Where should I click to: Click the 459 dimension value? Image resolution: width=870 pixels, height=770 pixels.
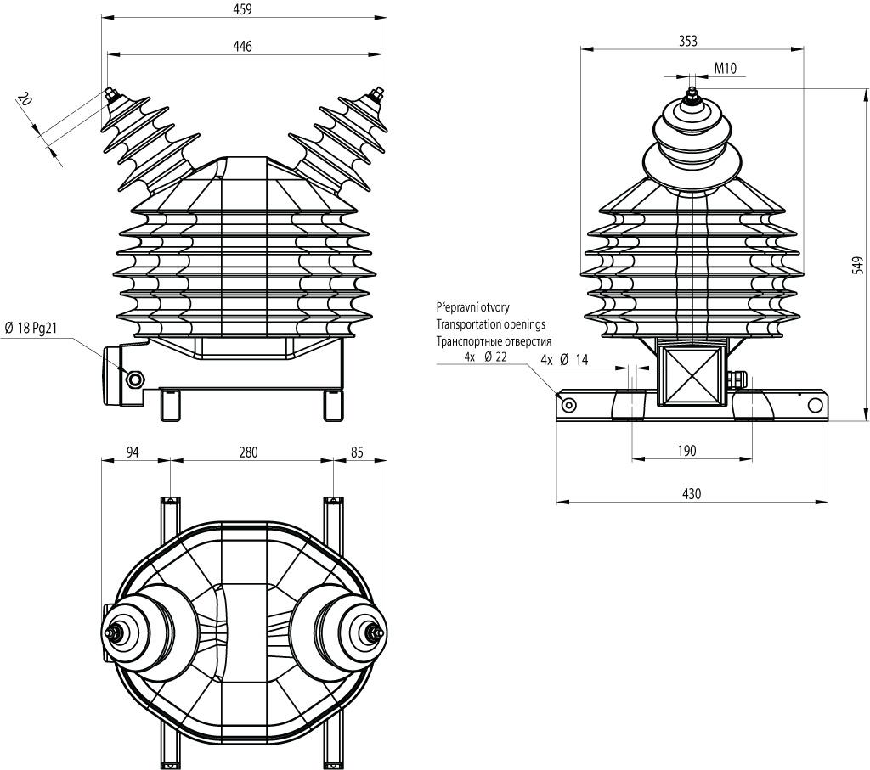click(242, 9)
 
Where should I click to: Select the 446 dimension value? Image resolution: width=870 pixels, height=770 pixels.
click(242, 47)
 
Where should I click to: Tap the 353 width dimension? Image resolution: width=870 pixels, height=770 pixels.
click(688, 41)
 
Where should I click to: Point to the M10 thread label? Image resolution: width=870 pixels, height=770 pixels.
click(726, 68)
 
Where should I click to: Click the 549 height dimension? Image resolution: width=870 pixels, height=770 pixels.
click(858, 265)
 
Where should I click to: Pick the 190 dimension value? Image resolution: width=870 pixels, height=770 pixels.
click(686, 451)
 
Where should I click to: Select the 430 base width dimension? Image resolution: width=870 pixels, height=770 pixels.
click(692, 493)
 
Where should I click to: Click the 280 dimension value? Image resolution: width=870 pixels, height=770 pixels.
click(249, 452)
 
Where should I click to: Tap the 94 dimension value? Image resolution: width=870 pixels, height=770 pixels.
click(133, 452)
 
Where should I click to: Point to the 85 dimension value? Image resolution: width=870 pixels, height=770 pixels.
click(357, 452)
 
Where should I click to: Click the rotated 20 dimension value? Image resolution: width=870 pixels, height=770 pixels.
click(25, 99)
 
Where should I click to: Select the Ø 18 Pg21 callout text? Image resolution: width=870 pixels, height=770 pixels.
click(31, 329)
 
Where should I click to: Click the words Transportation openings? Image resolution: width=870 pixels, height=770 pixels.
click(490, 324)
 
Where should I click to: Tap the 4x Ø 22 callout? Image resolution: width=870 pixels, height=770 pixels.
click(485, 357)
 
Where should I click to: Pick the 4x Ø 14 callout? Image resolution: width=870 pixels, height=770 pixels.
click(564, 360)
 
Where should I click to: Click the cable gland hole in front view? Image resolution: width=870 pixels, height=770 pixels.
click(134, 379)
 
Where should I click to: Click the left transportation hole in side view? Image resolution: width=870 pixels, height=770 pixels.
click(568, 405)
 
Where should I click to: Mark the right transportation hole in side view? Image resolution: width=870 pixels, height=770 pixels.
click(815, 405)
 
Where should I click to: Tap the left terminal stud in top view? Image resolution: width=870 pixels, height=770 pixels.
click(115, 632)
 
